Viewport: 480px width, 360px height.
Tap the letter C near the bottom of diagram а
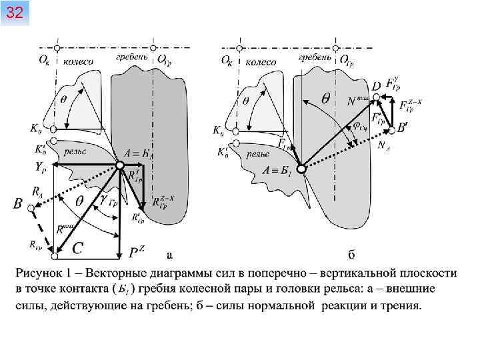77,249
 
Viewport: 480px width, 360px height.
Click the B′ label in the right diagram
402,127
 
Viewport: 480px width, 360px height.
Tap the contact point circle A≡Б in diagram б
301,169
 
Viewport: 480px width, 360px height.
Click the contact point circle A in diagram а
119,165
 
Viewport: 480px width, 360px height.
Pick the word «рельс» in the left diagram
75,151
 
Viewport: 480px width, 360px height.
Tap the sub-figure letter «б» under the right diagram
351,254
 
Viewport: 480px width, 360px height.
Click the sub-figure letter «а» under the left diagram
169,254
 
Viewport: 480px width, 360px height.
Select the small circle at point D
376,97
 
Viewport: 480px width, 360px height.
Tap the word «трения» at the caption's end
399,305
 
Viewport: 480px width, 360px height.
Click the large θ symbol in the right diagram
326,97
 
